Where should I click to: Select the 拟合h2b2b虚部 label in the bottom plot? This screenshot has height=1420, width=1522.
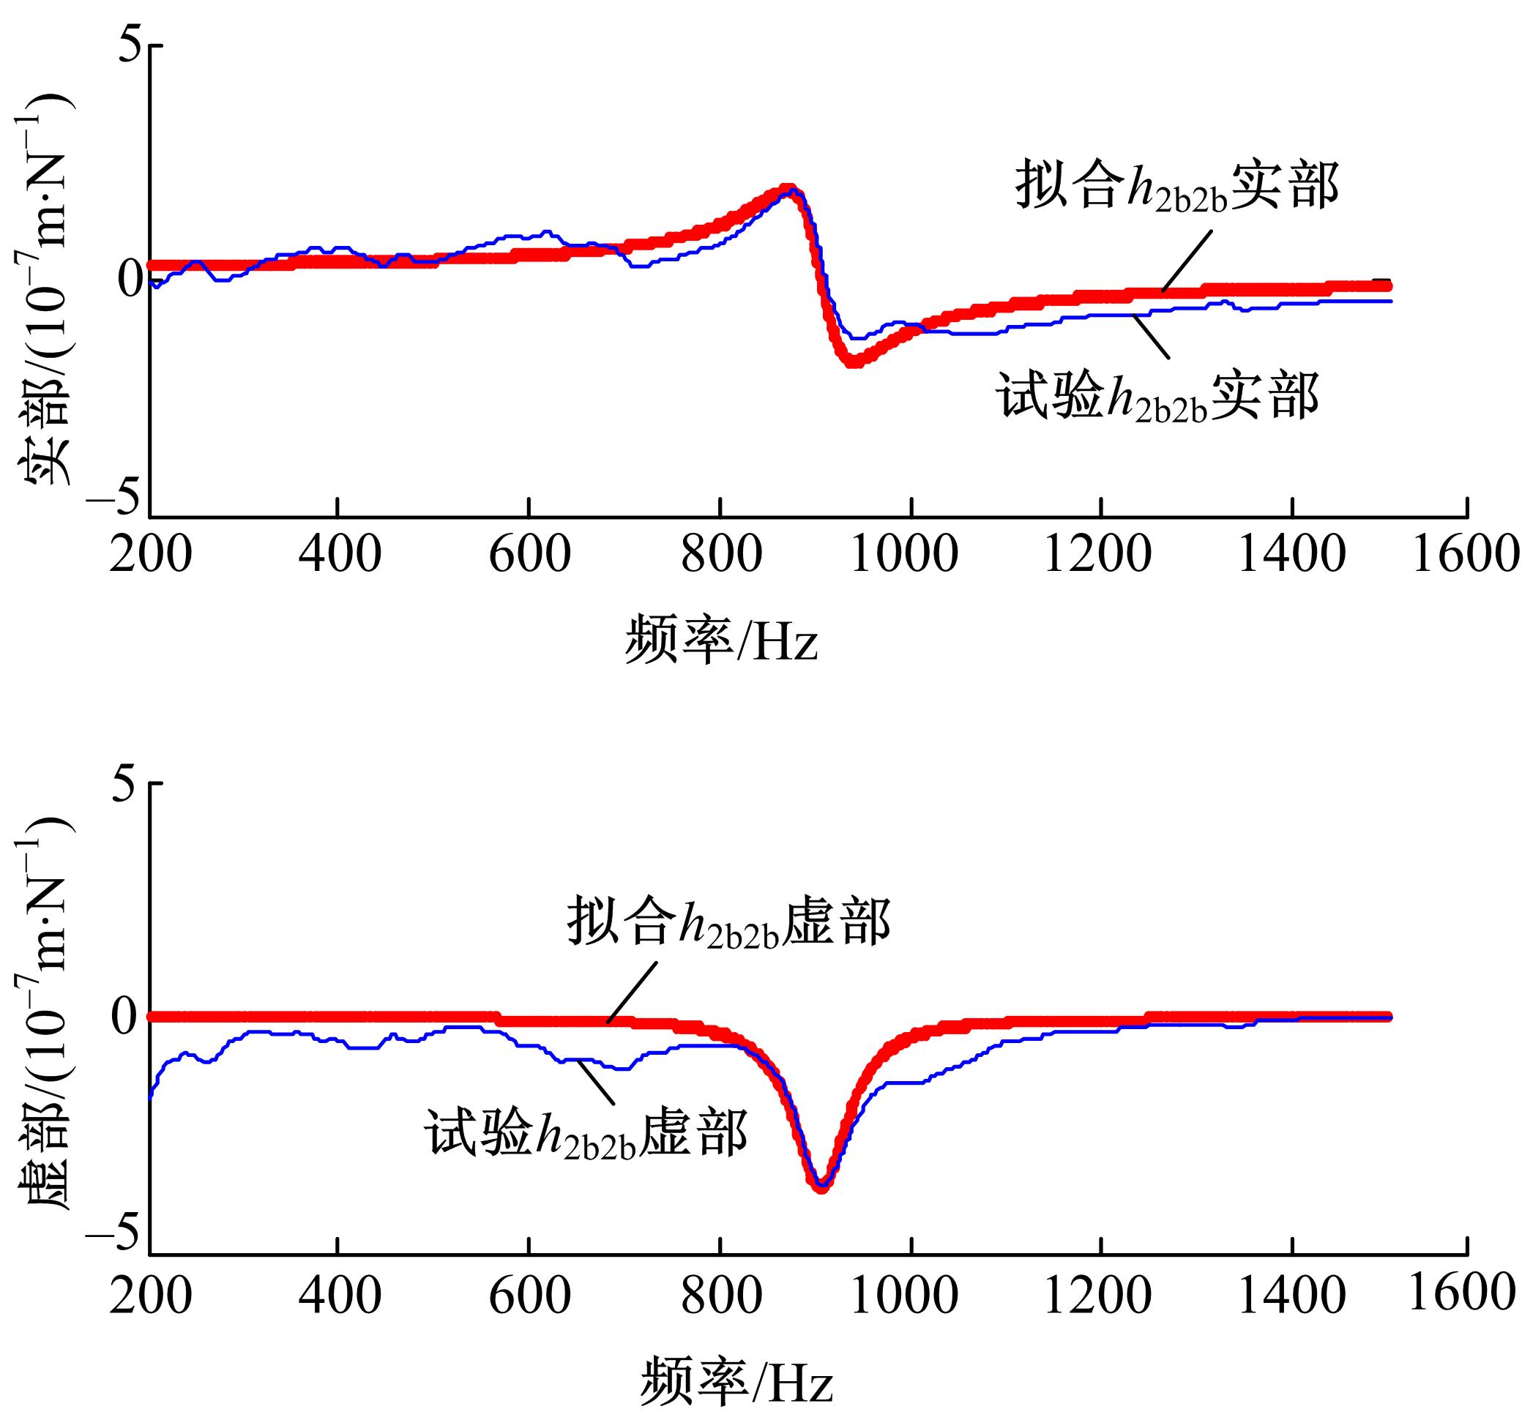tap(728, 924)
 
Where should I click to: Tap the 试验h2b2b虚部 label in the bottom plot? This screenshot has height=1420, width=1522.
tap(586, 1135)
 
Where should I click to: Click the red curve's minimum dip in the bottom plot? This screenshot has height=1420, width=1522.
tap(821, 1187)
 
